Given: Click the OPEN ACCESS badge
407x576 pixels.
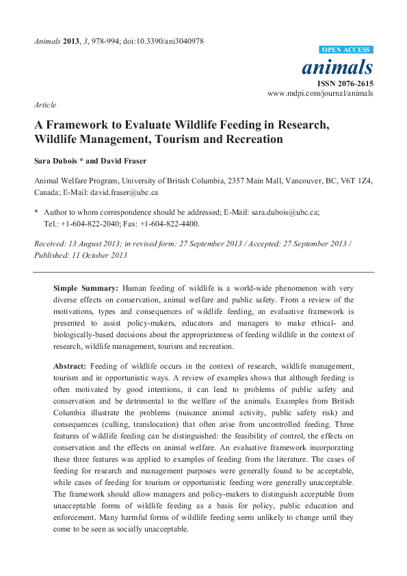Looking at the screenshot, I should click(x=346, y=50).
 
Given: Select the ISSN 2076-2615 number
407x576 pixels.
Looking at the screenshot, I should click(x=349, y=83).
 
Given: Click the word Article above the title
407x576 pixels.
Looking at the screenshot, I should click(x=44, y=105).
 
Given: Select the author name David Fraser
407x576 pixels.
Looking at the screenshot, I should click(x=122, y=162).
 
